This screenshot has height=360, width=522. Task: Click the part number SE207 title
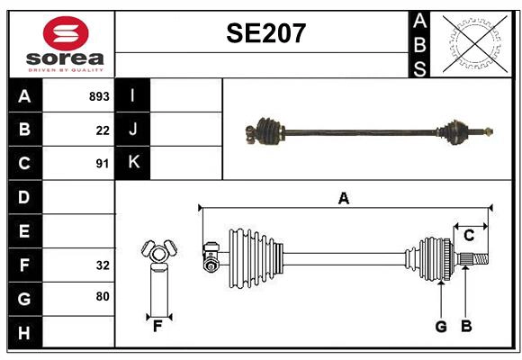coord(265,34)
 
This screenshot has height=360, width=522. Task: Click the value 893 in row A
coord(99,96)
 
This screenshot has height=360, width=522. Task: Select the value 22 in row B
coord(103,130)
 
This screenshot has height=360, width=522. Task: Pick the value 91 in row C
coord(103,164)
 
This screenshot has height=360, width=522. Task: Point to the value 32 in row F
coord(103,265)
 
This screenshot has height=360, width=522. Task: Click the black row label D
coord(24,197)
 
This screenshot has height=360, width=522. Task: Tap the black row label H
coord(24,333)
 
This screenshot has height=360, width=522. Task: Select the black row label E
coord(24,231)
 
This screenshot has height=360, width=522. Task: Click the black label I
coord(133,95)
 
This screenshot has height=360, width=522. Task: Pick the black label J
coord(133,130)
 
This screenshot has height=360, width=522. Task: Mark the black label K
coord(133,163)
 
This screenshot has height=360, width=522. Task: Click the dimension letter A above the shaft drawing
coord(343,198)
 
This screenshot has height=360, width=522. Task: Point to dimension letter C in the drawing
coord(469,236)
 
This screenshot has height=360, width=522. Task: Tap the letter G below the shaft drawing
coord(441,327)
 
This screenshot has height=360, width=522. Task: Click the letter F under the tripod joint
coord(157,327)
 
